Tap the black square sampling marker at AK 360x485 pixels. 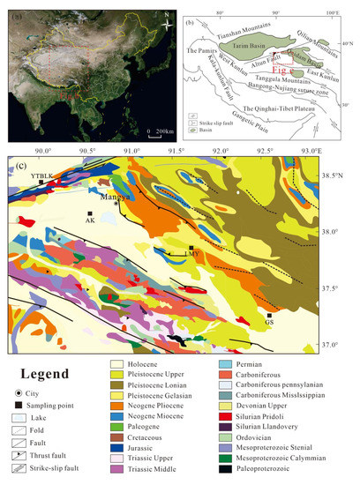[x=90, y=213]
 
